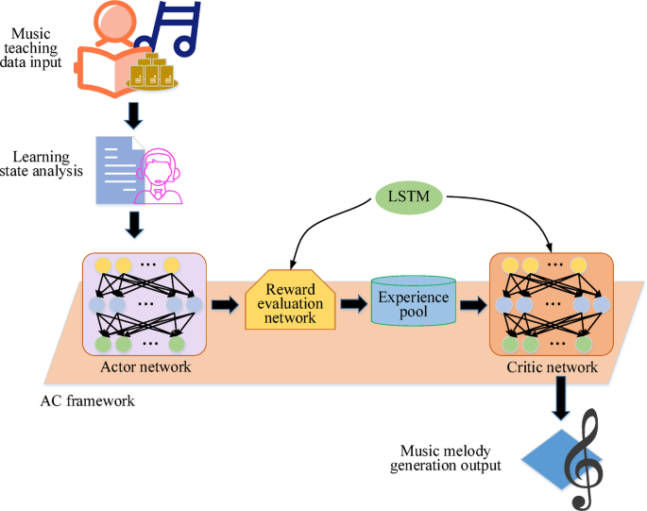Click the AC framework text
point(87,400)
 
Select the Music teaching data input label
point(36,48)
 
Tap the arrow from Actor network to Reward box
point(224,304)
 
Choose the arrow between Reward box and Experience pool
point(354,304)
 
